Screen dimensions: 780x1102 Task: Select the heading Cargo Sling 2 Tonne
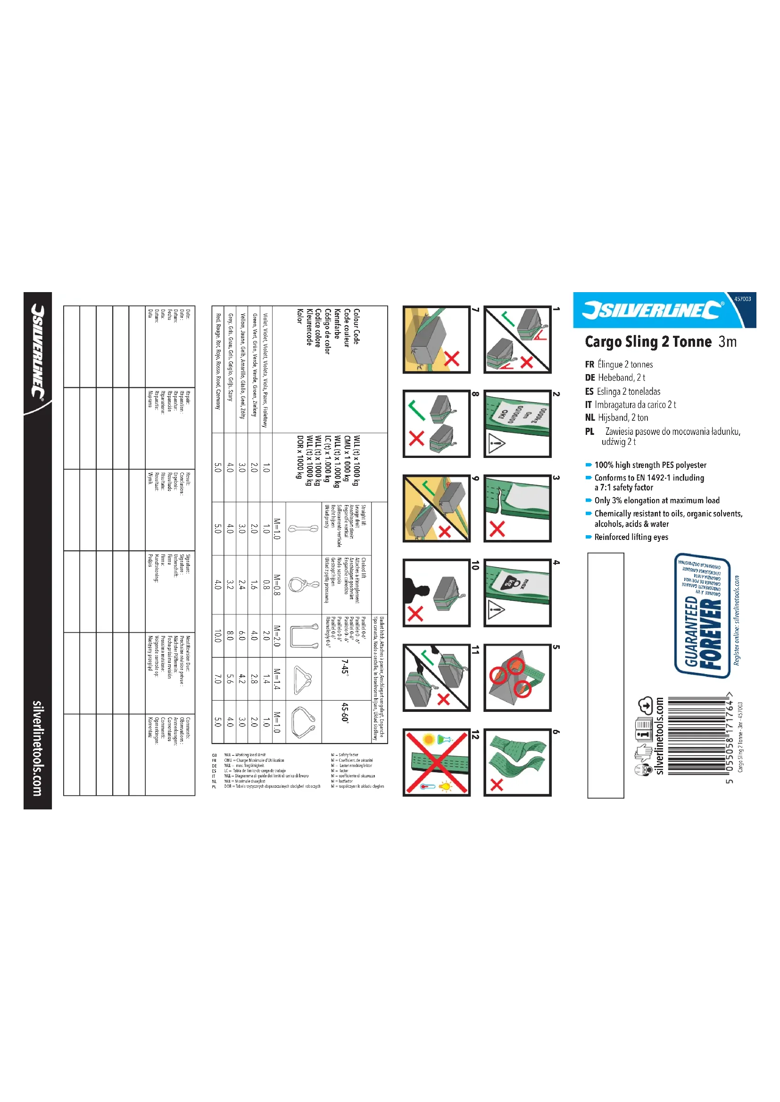point(648,342)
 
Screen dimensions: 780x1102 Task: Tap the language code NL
point(590,417)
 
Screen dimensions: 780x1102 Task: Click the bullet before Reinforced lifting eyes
point(589,537)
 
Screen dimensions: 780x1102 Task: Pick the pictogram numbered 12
point(436,763)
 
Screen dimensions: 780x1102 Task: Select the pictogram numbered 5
point(517,678)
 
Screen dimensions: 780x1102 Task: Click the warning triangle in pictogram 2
point(496,443)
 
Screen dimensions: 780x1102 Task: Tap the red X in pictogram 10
point(415,613)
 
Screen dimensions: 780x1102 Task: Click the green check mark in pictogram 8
point(416,410)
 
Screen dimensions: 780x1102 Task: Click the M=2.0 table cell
point(277,636)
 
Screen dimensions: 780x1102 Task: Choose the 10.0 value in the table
point(218,636)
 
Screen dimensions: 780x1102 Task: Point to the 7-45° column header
point(344,666)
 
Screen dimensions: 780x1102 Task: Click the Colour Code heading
point(356,327)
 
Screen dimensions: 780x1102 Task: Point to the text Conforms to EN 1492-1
point(648,478)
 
